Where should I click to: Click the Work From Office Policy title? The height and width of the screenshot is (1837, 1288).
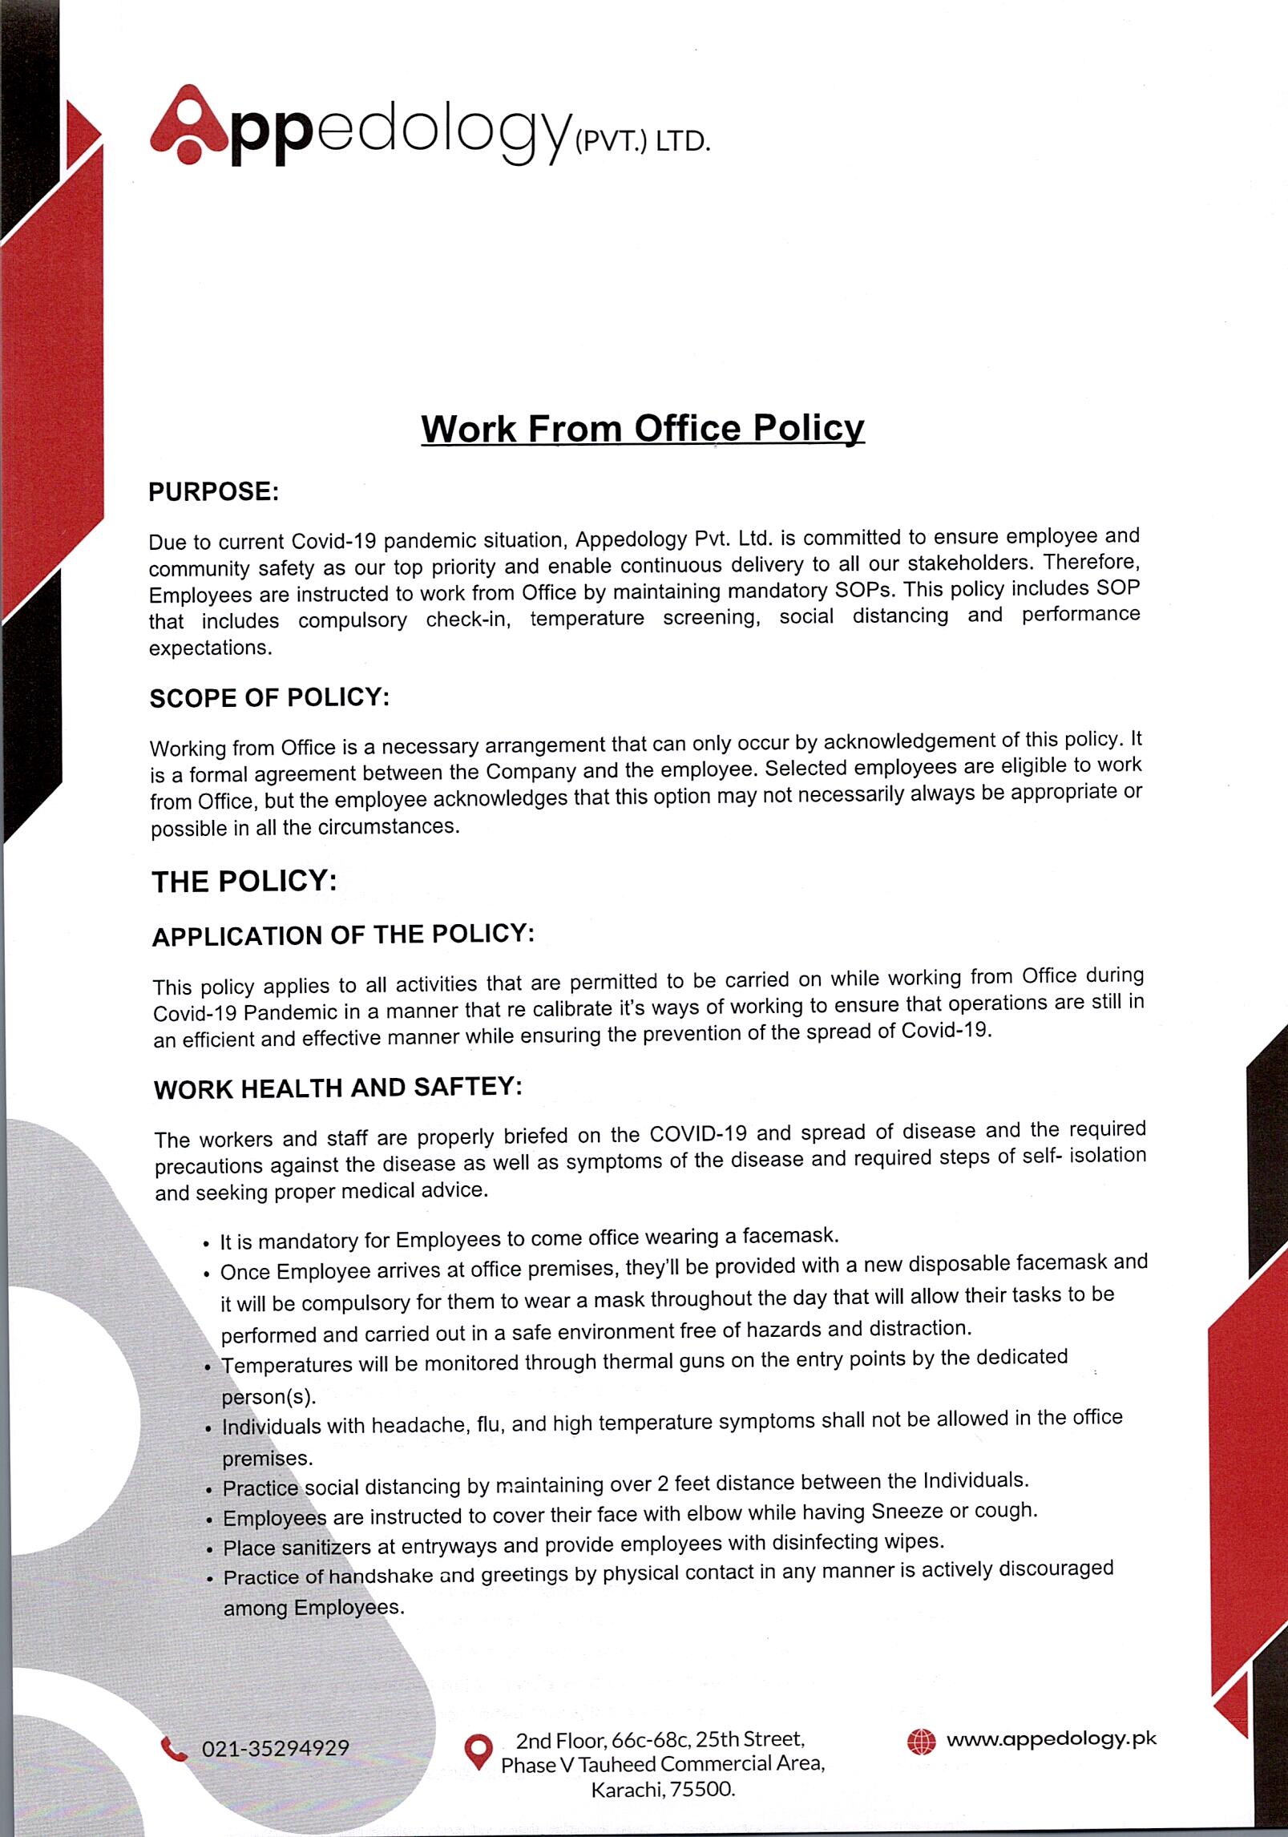point(643,428)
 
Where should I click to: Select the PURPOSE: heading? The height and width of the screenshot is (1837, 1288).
point(213,491)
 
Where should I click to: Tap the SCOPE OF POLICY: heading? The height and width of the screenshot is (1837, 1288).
point(269,697)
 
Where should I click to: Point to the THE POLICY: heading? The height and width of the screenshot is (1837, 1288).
point(244,882)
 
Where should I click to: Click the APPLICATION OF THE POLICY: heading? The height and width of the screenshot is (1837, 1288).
point(343,935)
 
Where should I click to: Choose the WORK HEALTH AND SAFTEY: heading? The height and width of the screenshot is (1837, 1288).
point(337,1088)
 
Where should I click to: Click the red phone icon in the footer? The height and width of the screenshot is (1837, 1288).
point(173,1747)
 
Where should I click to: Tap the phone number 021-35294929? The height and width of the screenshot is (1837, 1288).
point(275,1748)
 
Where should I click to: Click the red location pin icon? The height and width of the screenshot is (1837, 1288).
point(478,1751)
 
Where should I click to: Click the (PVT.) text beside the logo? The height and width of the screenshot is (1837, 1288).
point(597,145)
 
